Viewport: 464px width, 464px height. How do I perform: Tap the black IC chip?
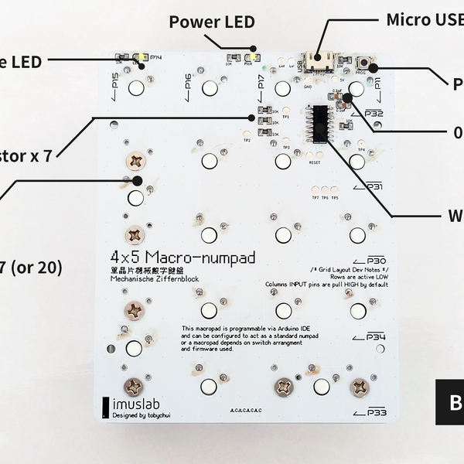click(x=317, y=124)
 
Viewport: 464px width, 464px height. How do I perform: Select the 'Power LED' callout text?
click(x=211, y=22)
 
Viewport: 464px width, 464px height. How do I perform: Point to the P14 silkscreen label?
click(x=155, y=57)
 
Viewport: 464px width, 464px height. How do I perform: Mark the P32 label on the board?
click(x=374, y=114)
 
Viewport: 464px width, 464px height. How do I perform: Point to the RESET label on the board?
click(x=314, y=163)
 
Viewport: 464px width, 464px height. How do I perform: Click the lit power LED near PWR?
click(x=251, y=58)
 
